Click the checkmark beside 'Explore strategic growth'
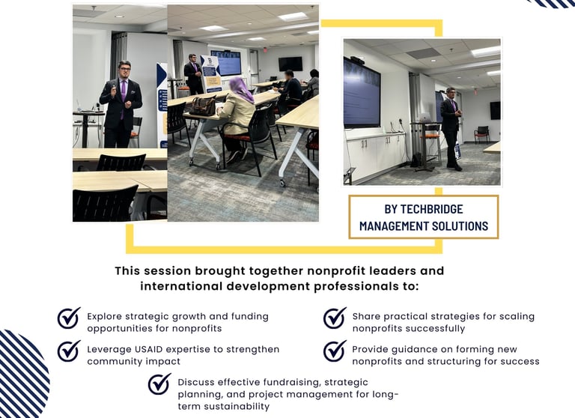[x=69, y=318]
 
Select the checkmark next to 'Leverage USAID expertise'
[x=69, y=351]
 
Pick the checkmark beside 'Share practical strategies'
[x=335, y=318]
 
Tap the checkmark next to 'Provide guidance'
[x=335, y=351]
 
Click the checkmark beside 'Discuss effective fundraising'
[x=159, y=384]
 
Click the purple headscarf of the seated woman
[x=241, y=89]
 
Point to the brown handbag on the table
[x=203, y=106]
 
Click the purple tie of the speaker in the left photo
[x=124, y=97]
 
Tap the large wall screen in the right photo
[x=362, y=93]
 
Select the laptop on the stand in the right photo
[x=425, y=118]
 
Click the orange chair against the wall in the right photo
[x=482, y=134]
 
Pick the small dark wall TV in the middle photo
[x=290, y=64]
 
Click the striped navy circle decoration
[x=22, y=375]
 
